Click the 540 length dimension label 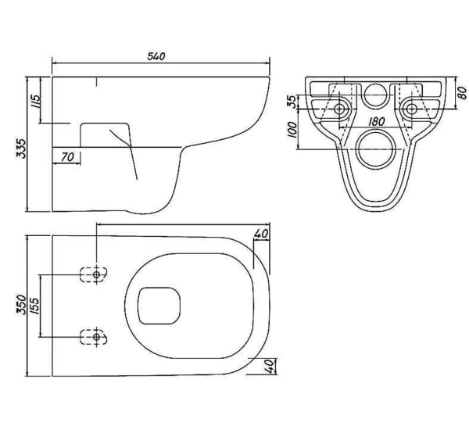[x=156, y=56]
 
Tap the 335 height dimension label [x=21, y=148]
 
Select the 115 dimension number [x=35, y=101]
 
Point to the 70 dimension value [x=67, y=157]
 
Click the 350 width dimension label [x=21, y=304]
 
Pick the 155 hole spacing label [x=34, y=306]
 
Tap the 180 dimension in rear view [x=376, y=121]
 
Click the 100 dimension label [x=292, y=130]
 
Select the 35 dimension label [x=292, y=102]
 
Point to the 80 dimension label [x=462, y=93]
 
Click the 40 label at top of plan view [x=261, y=234]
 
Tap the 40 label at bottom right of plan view [x=270, y=366]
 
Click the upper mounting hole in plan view [x=96, y=274]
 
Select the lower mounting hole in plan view [x=96, y=337]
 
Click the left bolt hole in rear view [x=339, y=109]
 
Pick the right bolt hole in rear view [x=412, y=109]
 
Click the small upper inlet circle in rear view [x=375, y=84]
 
